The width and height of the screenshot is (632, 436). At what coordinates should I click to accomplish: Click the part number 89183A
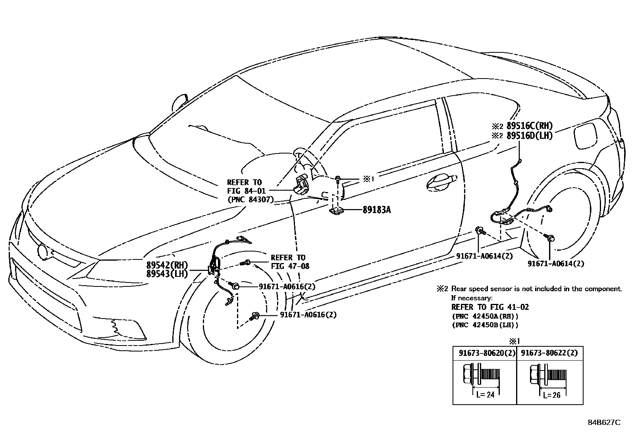coord(376,210)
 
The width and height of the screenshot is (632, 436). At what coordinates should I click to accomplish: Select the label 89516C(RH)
coord(530,126)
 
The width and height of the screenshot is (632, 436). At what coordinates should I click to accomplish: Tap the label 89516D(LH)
coord(530,136)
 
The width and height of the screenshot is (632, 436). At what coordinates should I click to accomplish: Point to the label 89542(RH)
coord(167,265)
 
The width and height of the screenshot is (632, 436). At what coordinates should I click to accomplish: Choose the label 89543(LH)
coord(167,274)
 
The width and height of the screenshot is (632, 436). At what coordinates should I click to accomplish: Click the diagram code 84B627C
coord(604,423)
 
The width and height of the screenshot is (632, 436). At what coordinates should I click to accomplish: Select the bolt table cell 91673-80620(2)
coord(485,353)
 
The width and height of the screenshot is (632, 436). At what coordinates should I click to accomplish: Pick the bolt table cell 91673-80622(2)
coord(549,353)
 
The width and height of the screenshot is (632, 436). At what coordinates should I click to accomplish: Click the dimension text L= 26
coord(552,395)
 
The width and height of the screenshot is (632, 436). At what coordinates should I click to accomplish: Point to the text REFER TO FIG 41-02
coord(490,307)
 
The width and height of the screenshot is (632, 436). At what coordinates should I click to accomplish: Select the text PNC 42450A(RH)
coord(485,316)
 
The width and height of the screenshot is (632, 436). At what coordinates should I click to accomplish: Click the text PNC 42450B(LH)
coord(485,325)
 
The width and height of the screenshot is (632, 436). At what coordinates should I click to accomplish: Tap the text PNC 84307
coord(250,200)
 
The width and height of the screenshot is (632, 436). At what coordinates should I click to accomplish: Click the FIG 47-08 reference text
coord(290,266)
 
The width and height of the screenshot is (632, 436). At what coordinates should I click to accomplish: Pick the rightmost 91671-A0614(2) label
coord(556,263)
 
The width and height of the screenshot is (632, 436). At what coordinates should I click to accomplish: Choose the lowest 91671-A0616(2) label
coord(308,315)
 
